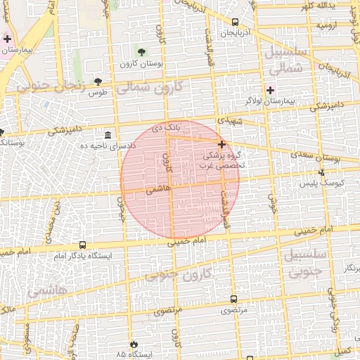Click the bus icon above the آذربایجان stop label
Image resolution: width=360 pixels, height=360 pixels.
234,22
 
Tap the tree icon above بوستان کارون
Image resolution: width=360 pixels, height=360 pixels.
141,52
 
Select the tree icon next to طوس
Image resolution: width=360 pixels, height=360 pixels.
98,82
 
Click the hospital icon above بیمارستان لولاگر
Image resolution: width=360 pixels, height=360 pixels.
271,90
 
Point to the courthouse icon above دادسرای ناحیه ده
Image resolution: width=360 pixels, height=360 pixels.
108,134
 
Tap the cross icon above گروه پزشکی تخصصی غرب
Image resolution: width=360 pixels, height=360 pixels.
221,143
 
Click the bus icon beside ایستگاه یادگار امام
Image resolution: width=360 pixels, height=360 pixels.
83,245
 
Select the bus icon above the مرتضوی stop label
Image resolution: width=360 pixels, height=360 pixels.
234,299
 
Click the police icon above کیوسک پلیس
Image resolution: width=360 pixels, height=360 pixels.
321,172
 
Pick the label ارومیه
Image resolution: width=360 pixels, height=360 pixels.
330,25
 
